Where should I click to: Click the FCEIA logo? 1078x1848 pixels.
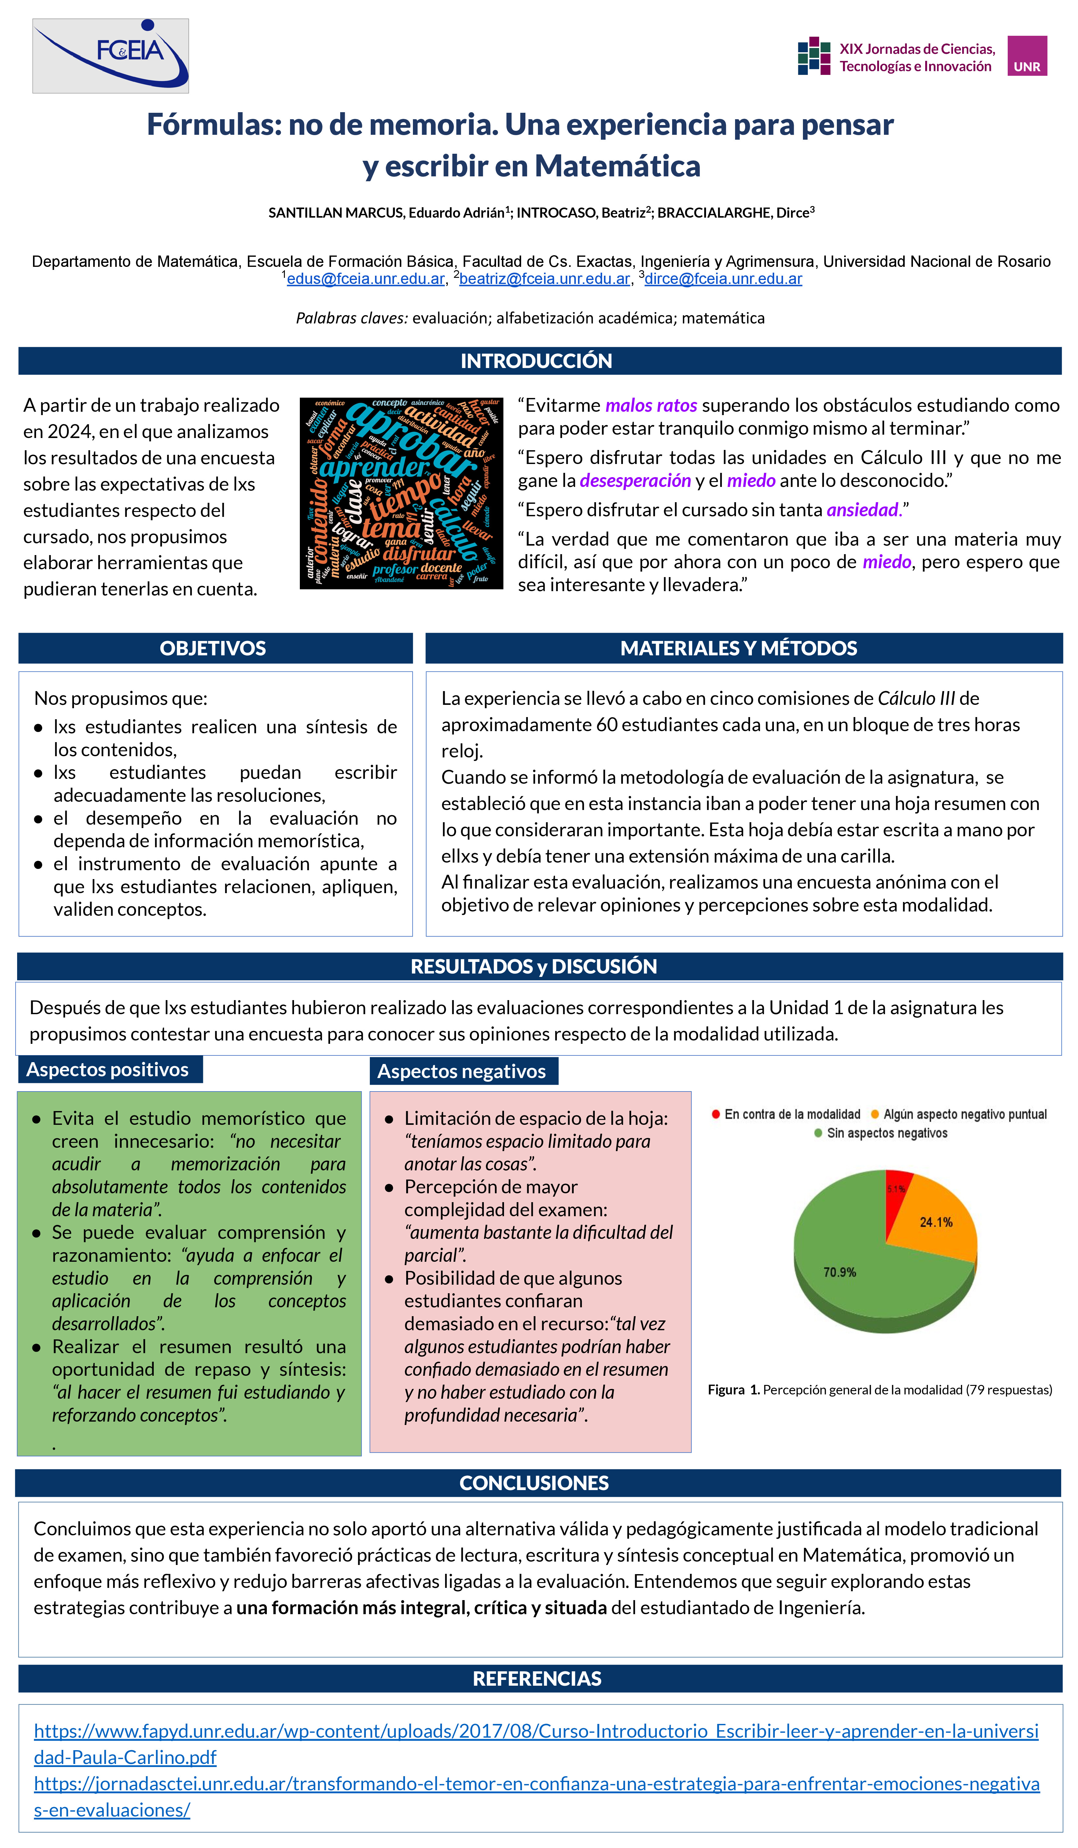(111, 56)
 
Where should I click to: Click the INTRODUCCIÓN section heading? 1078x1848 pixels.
(536, 361)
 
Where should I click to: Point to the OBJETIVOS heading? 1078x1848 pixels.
(213, 648)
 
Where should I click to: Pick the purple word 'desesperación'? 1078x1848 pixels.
(635, 480)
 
